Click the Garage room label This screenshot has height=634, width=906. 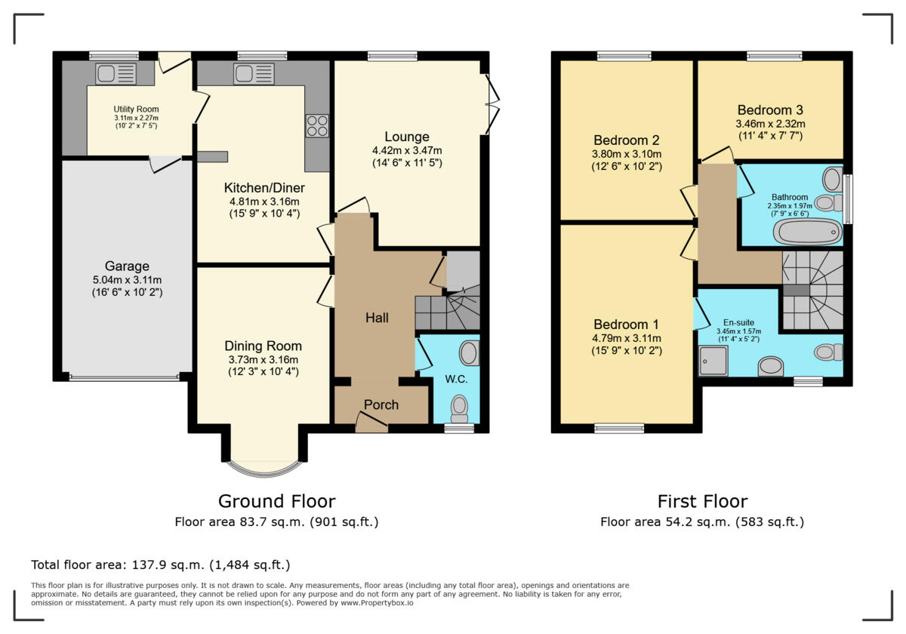coord(127,266)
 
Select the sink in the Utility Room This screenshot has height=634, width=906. coord(116,73)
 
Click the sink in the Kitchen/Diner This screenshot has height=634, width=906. coord(254,73)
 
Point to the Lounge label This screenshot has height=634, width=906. coord(407,137)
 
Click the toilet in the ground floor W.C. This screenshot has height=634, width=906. coord(459,407)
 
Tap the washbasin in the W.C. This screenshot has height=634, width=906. coord(469,353)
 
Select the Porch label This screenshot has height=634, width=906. coord(381,405)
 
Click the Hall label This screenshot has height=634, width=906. coord(377,318)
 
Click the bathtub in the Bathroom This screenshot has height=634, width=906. coord(808,231)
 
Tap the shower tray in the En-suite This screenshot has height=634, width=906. coord(713,361)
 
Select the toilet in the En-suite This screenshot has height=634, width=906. coord(828,352)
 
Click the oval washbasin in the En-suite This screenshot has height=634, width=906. coord(770,366)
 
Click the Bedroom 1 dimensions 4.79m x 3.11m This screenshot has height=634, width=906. coord(625,338)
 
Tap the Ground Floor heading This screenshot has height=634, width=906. coord(276,501)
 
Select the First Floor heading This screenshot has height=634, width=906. coord(702,501)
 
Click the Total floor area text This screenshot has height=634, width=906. coord(160,565)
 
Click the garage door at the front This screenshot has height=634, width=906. coord(124,377)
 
